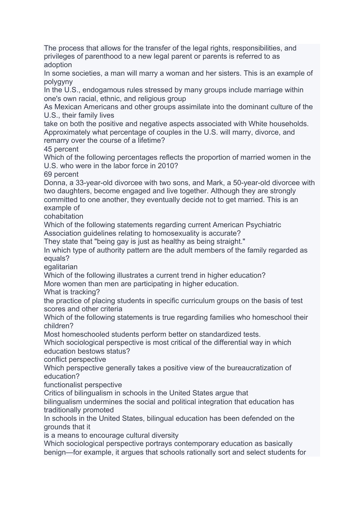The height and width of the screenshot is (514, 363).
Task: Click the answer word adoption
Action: click(58, 65)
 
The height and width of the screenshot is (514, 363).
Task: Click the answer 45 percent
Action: click(61, 149)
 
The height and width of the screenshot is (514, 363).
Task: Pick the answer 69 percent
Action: click(61, 174)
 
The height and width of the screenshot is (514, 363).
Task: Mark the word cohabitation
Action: click(63, 216)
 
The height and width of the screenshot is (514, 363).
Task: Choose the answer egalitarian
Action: click(61, 267)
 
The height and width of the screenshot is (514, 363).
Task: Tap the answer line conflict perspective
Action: click(75, 359)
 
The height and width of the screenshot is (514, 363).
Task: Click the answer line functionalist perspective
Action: click(83, 385)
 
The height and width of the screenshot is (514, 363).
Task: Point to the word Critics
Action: click(54, 393)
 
